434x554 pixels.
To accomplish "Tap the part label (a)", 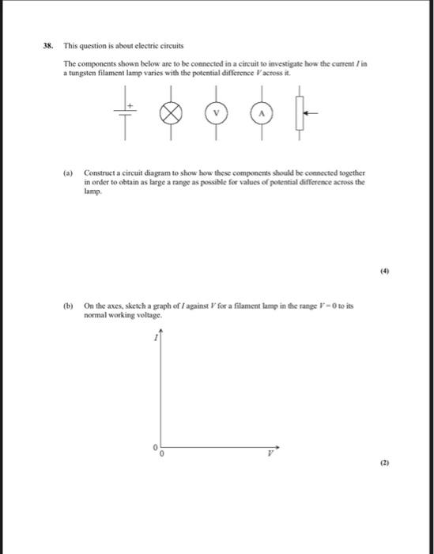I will (x=70, y=171).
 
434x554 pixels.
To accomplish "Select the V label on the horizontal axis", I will (x=269, y=454).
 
